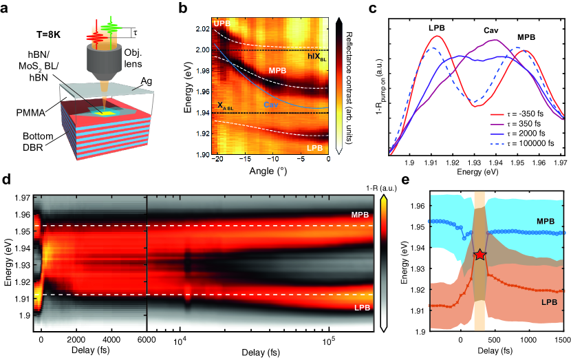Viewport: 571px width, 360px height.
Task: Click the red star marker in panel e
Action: (x=480, y=255)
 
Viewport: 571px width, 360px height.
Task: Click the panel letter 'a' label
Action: (x=6, y=8)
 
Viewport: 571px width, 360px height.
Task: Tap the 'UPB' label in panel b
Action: (x=223, y=24)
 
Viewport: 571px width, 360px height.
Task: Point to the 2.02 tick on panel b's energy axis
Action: (x=202, y=29)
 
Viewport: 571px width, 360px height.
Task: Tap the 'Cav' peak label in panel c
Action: (x=491, y=31)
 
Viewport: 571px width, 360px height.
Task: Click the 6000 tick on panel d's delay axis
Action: (x=147, y=339)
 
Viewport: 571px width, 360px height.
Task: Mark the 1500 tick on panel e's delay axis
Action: (x=562, y=339)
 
